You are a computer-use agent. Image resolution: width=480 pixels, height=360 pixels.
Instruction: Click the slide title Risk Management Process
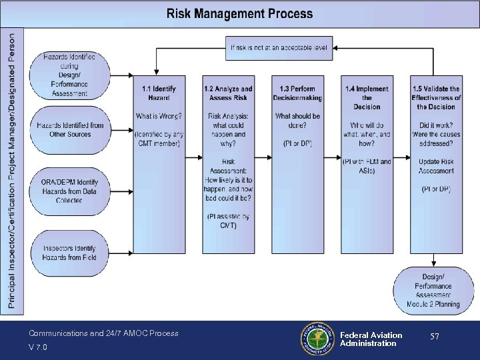(x=239, y=13)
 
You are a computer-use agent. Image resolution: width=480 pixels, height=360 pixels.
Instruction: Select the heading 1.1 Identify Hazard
(x=159, y=93)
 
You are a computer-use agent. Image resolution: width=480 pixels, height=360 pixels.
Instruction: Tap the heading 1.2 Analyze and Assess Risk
(x=228, y=93)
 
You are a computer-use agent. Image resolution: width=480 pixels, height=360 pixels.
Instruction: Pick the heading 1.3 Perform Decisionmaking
(x=297, y=93)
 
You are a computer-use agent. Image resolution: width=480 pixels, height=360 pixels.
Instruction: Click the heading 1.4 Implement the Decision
(x=367, y=97)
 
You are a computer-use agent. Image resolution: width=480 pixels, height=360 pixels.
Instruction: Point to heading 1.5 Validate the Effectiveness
(x=436, y=97)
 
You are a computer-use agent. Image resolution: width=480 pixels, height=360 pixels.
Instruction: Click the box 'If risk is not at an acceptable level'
(x=279, y=47)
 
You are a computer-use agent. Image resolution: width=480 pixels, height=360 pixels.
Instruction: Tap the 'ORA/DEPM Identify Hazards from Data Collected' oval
(x=69, y=191)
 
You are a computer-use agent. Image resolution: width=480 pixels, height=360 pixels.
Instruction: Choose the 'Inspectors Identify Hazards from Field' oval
(x=69, y=253)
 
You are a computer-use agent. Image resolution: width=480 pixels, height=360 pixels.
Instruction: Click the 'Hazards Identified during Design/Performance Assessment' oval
(x=69, y=75)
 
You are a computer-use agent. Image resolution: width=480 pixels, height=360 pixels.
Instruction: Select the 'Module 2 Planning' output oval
(x=433, y=290)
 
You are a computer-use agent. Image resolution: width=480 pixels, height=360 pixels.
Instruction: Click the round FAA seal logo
(x=317, y=339)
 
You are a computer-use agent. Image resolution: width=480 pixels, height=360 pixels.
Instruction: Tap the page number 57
(x=434, y=337)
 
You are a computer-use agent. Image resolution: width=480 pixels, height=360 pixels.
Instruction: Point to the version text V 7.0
(x=37, y=347)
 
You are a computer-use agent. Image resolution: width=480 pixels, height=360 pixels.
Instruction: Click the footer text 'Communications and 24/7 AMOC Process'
(x=103, y=333)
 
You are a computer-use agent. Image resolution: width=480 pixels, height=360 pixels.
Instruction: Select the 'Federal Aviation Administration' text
(x=371, y=339)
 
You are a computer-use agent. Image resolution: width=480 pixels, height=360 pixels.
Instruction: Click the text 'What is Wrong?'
(x=159, y=116)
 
